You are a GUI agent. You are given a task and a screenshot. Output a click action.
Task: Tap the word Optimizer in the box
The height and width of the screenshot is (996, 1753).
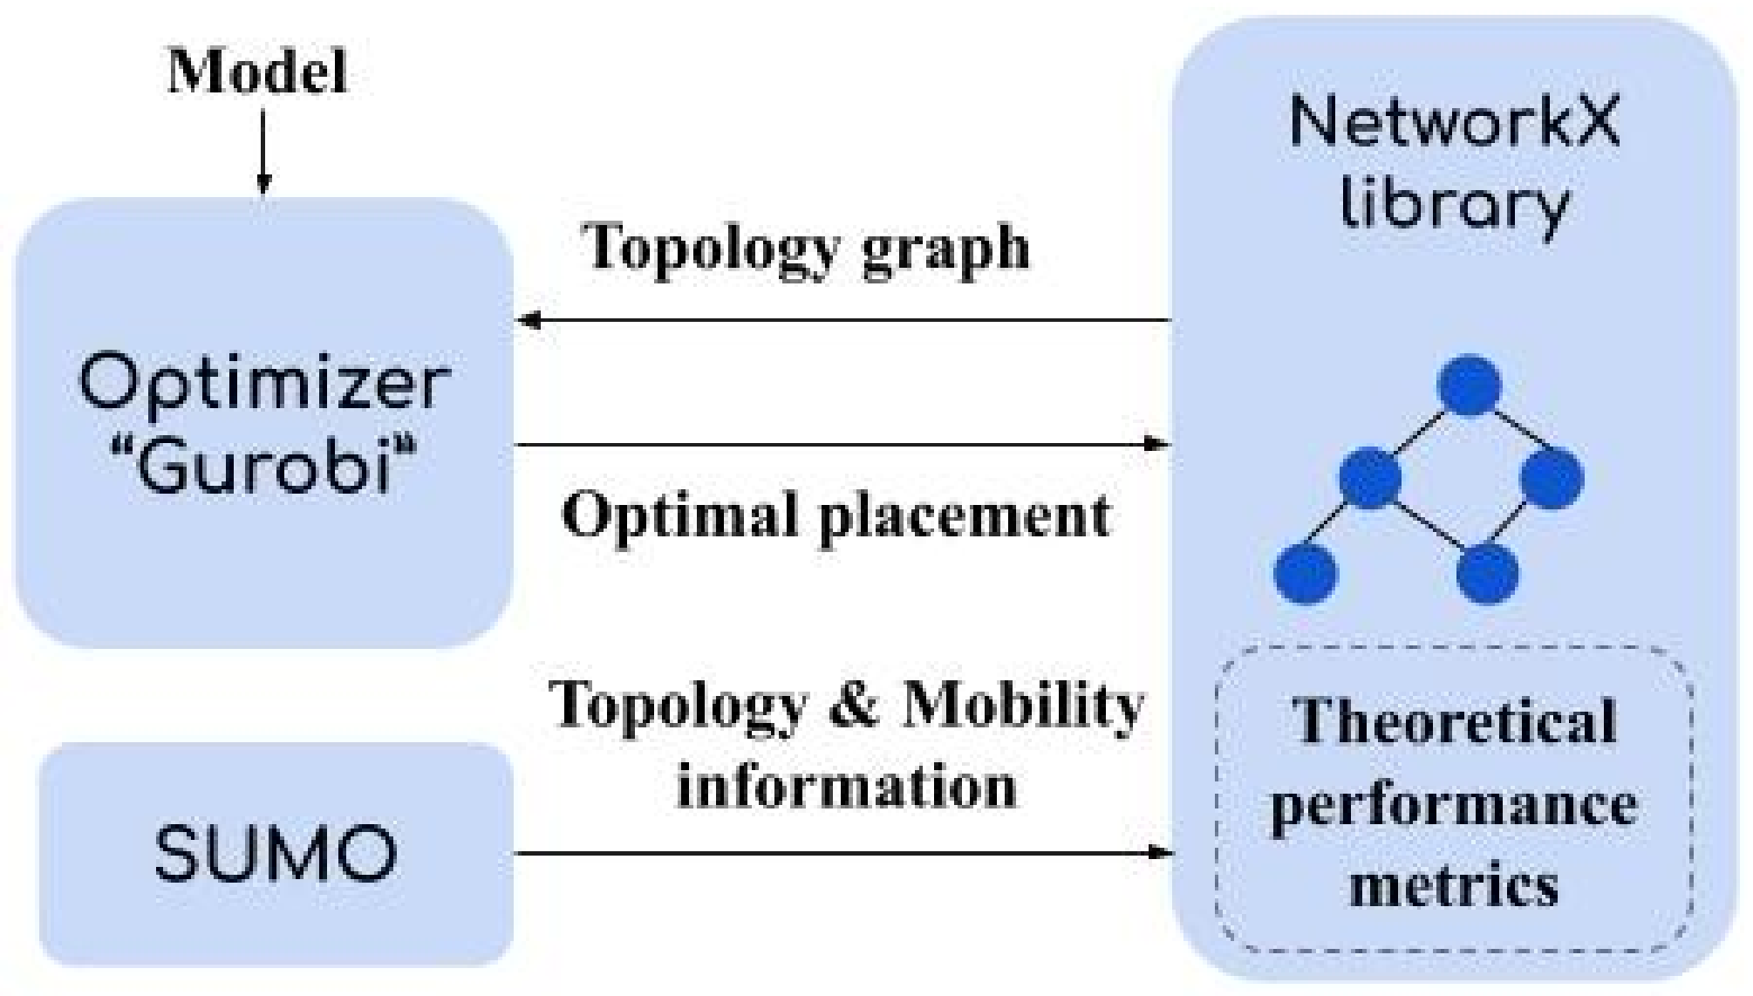pos(264,385)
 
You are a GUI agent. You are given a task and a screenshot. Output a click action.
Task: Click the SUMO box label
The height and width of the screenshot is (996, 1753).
pos(276,853)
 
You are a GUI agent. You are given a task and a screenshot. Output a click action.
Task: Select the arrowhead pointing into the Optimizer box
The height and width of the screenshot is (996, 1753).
pos(529,320)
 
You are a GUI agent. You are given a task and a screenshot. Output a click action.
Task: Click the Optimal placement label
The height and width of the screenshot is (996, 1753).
pos(836,515)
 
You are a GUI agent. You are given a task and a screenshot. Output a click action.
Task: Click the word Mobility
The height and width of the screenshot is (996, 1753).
pos(1021,704)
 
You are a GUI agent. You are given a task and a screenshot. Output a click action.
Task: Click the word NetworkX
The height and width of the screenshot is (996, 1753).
pos(1454,122)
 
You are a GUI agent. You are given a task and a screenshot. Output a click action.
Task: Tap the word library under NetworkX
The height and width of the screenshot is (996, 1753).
pos(1454,205)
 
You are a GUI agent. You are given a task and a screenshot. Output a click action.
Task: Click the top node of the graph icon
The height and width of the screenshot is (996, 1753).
pos(1470,385)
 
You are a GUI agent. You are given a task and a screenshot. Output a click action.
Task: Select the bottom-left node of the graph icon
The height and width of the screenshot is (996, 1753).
pos(1306,573)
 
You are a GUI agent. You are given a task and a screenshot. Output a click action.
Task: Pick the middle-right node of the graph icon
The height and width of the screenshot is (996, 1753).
pos(1552,478)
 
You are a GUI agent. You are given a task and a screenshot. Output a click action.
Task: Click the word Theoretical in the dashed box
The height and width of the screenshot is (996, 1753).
pos(1454,722)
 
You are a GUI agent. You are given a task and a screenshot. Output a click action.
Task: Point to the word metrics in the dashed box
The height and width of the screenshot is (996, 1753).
pos(1454,884)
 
